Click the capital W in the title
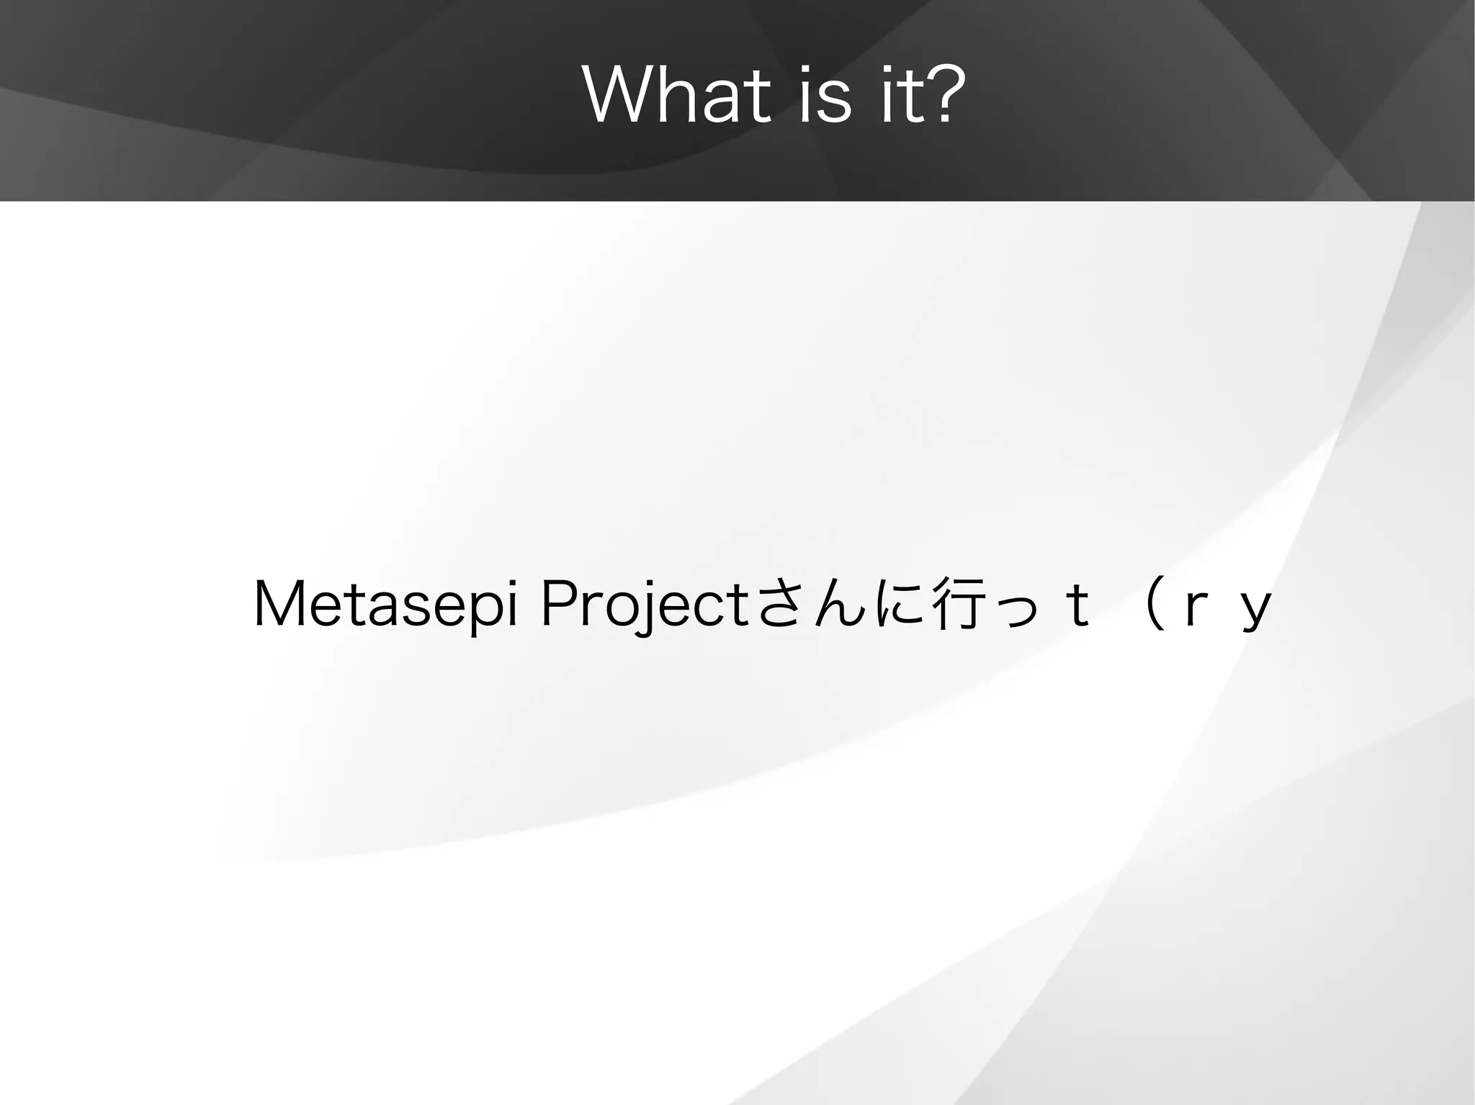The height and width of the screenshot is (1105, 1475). coord(619,96)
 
